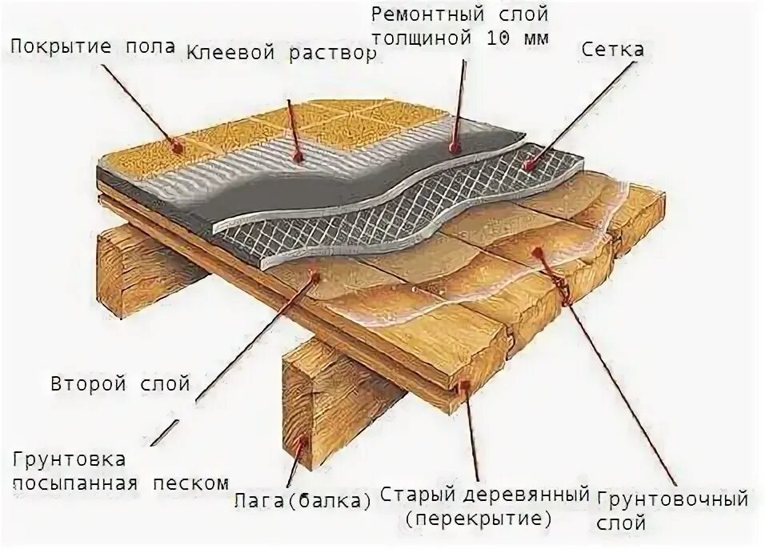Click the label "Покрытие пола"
pyautogui.click(x=92, y=46)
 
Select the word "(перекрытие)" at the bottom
pyautogui.click(x=479, y=518)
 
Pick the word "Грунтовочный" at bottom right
pyautogui.click(x=672, y=501)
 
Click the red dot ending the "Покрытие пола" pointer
pyautogui.click(x=175, y=147)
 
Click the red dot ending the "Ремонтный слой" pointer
pyautogui.click(x=453, y=147)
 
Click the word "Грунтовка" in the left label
pyautogui.click(x=69, y=460)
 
